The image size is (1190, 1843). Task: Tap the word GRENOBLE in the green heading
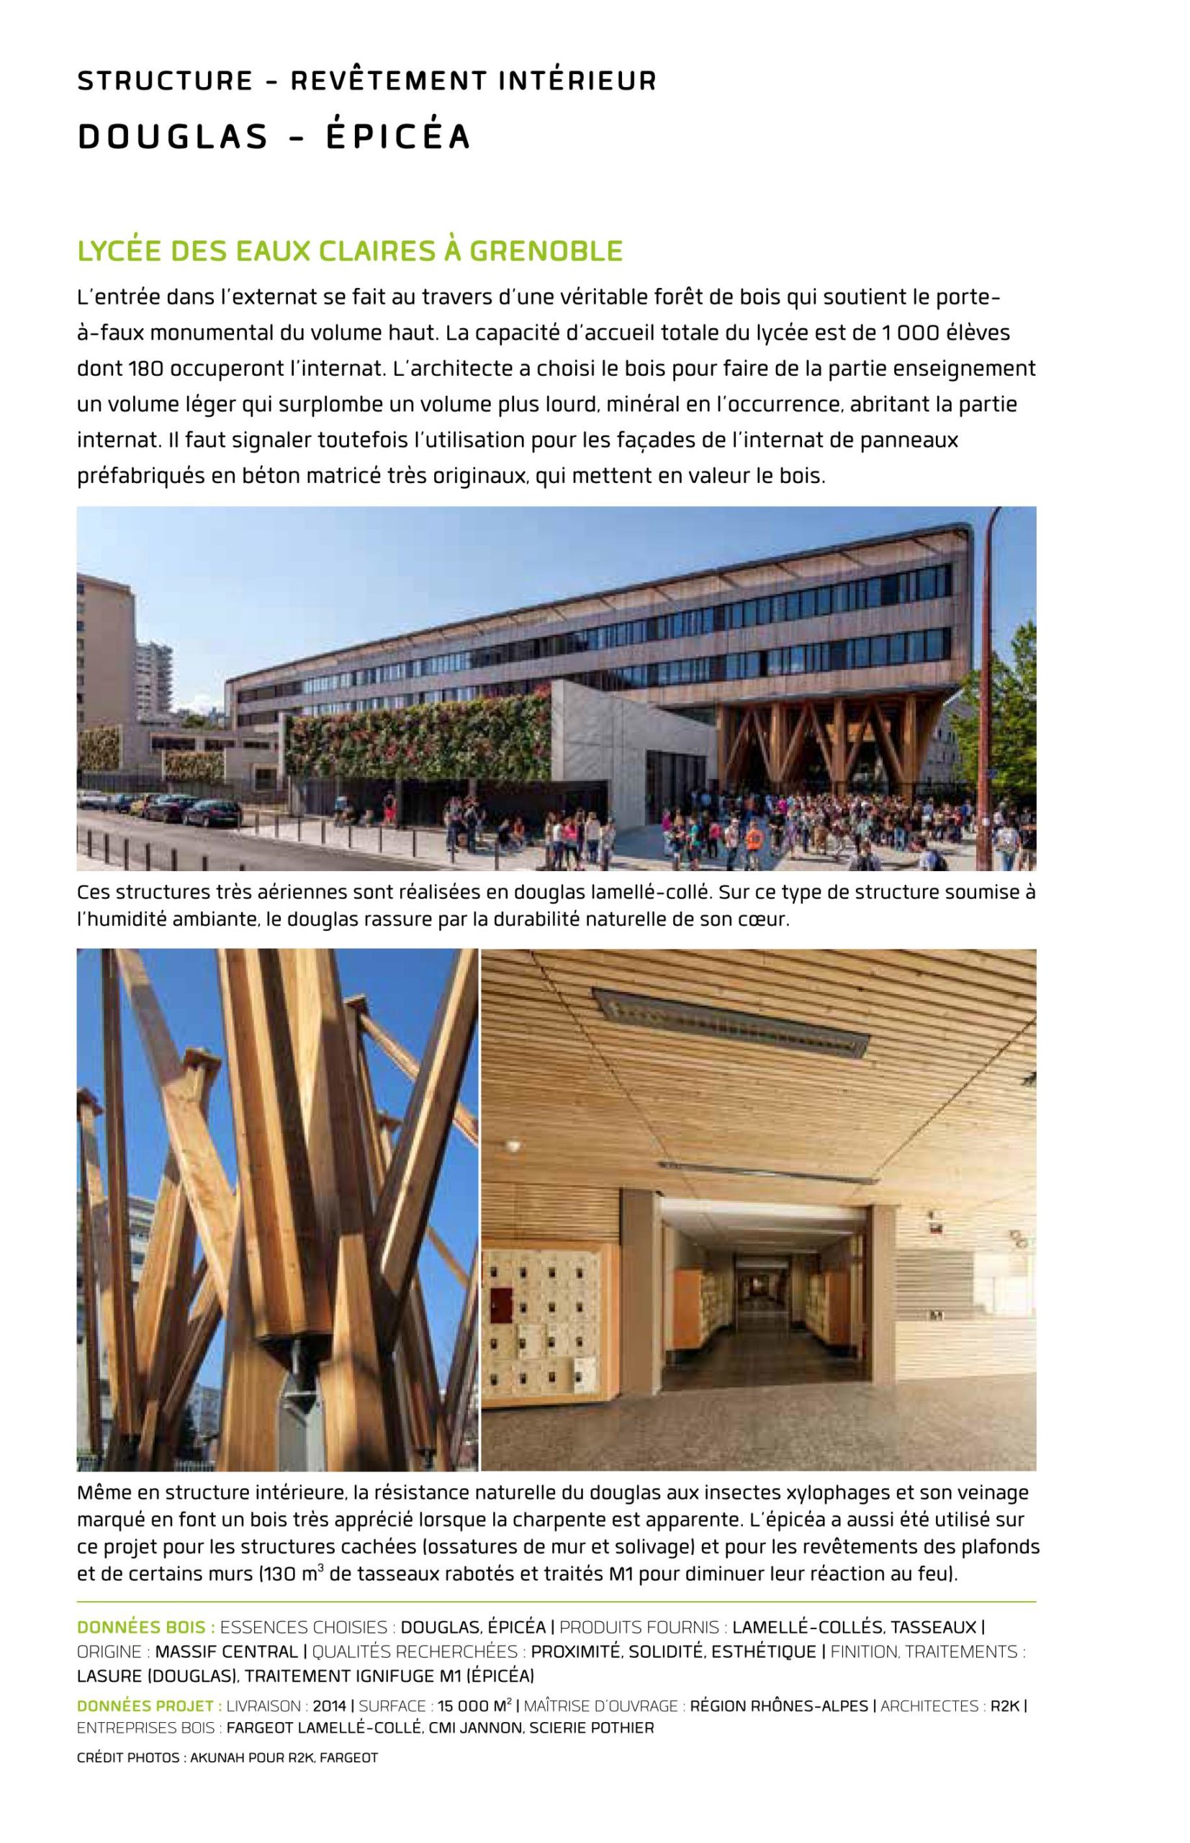point(546,251)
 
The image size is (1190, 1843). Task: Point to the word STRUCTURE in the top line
point(165,81)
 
